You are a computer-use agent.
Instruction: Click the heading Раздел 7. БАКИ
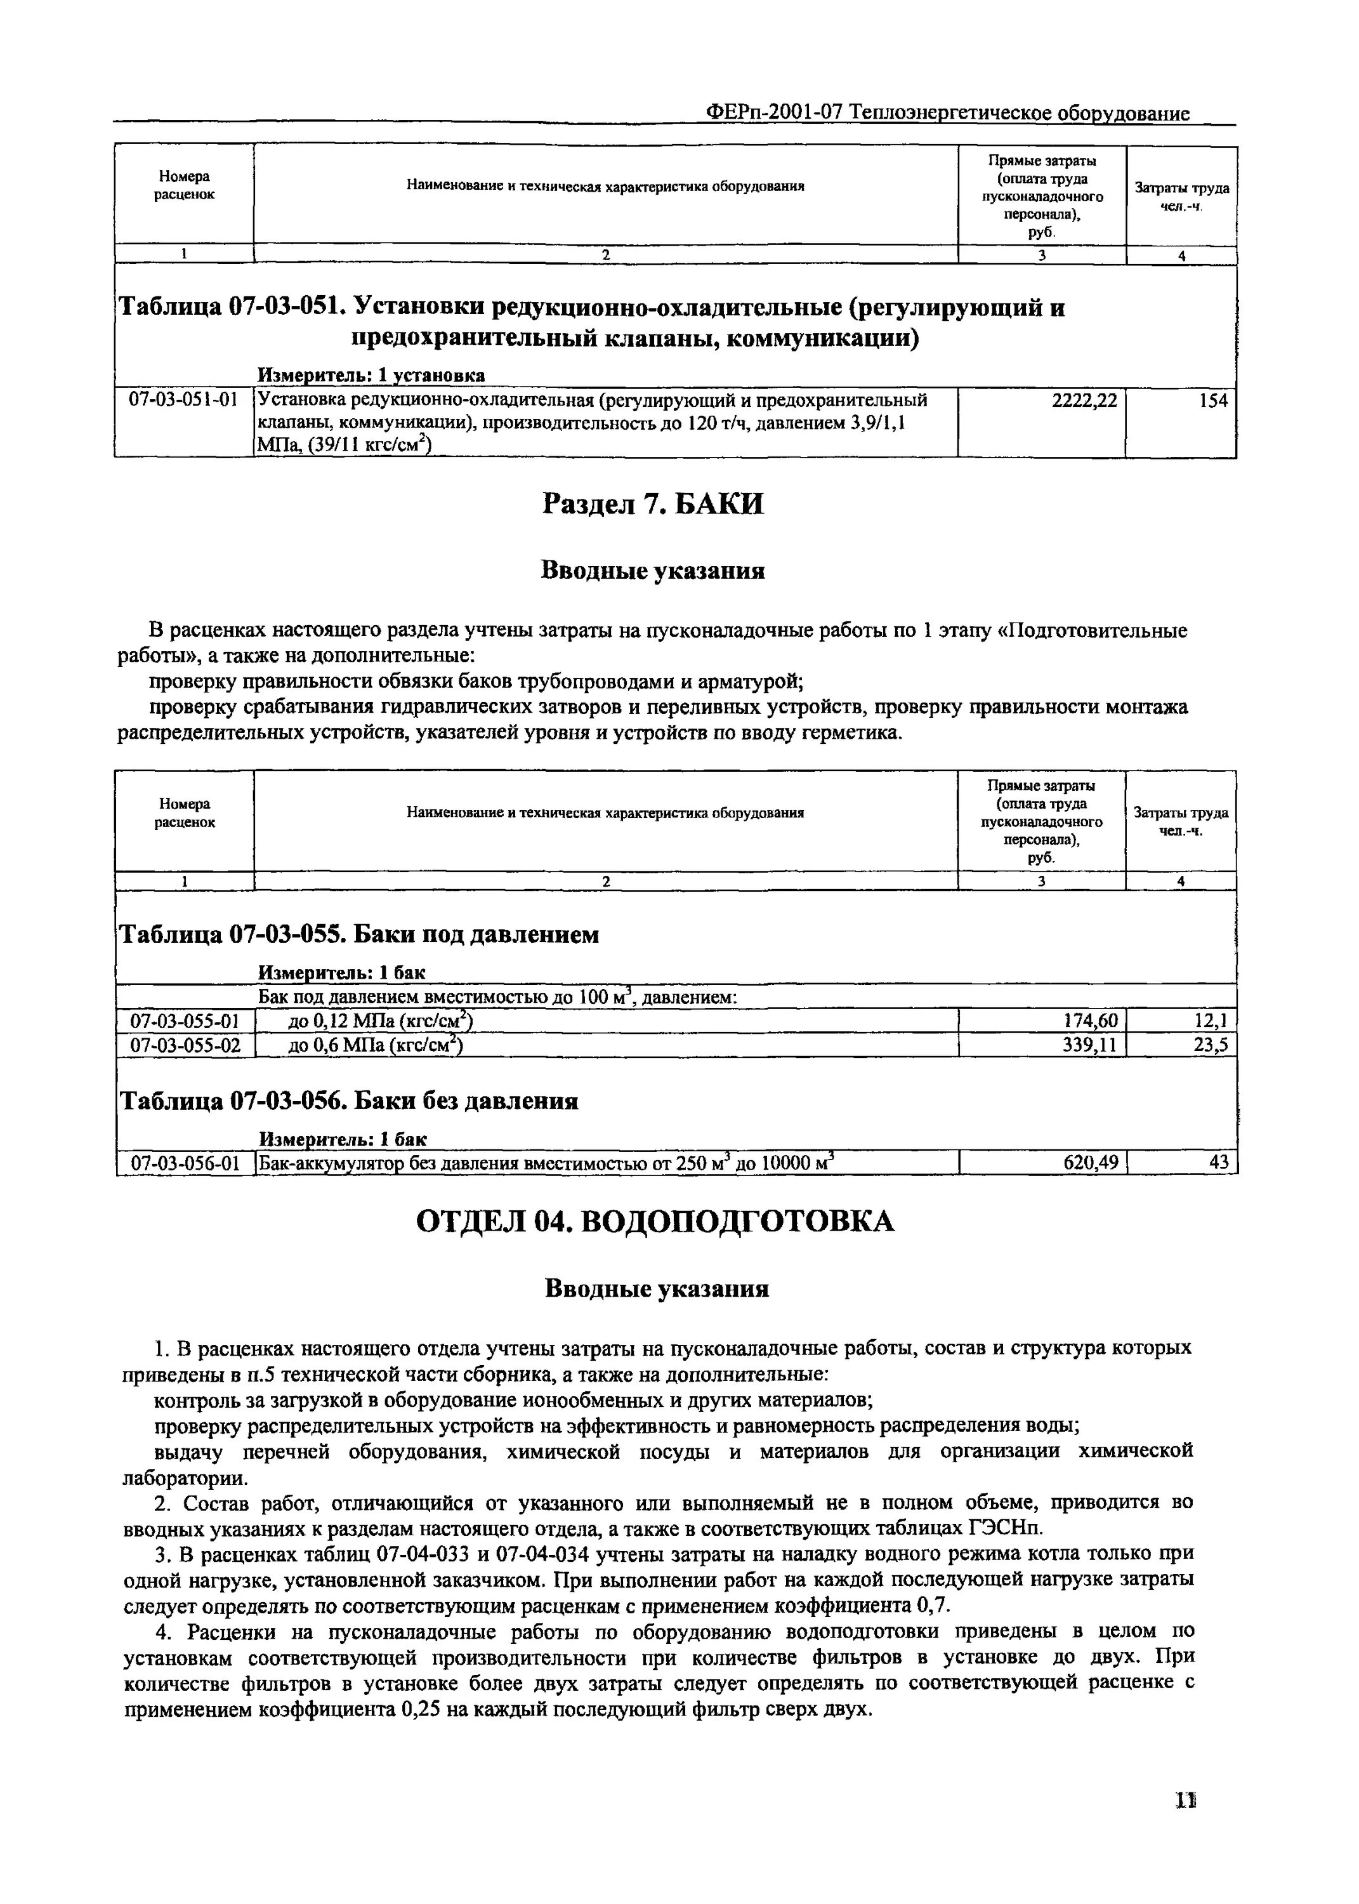pos(653,504)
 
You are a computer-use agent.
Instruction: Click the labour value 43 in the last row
pos(1218,1163)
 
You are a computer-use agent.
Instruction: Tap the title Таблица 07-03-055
pos(360,935)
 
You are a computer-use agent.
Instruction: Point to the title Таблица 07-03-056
pos(350,1101)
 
